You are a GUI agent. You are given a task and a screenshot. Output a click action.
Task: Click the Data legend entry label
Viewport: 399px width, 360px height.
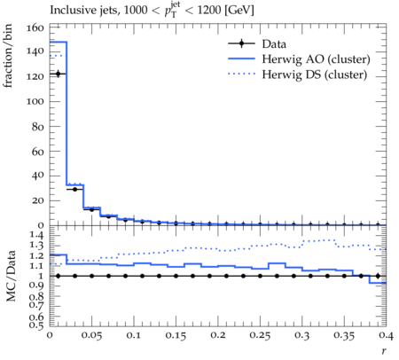[x=274, y=43]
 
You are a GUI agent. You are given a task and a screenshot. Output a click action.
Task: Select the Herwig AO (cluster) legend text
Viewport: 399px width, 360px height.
[x=316, y=59]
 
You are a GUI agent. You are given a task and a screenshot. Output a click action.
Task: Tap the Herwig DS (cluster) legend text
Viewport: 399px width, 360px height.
[x=315, y=74]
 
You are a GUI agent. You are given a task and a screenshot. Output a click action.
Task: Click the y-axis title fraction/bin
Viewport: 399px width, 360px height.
[x=8, y=56]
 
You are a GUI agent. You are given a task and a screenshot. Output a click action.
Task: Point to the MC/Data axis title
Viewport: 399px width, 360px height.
[x=11, y=276]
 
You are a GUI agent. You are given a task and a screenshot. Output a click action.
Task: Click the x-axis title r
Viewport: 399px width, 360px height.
[x=384, y=350]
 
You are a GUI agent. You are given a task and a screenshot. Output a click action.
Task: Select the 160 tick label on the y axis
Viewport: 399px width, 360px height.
[x=35, y=28]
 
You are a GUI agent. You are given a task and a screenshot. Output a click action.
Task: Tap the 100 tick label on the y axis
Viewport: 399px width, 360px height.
[x=35, y=101]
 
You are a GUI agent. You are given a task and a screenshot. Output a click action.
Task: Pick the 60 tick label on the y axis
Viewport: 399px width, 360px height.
[x=38, y=152]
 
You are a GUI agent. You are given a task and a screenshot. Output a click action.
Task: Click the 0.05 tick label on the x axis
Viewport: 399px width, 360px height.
[x=91, y=335]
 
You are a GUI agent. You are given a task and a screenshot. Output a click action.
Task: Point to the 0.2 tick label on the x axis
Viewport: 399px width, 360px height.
[x=218, y=335]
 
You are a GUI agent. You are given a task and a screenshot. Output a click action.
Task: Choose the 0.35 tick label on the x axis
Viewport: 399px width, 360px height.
[x=344, y=335]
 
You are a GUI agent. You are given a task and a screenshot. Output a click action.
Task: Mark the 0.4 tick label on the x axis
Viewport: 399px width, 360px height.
[x=386, y=335]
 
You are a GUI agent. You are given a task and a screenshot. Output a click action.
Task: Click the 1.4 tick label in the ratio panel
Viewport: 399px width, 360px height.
[x=36, y=235]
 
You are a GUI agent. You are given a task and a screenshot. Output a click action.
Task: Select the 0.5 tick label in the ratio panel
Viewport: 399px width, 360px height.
[x=36, y=325]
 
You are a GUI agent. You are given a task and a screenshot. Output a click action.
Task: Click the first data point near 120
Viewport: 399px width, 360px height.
[x=58, y=74]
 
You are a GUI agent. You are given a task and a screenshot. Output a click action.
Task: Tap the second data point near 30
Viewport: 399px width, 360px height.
[x=74, y=189]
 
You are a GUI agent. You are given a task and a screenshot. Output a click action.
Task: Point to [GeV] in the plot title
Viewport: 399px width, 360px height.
[x=239, y=10]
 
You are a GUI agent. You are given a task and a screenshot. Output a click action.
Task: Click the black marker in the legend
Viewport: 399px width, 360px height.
[x=241, y=43]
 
